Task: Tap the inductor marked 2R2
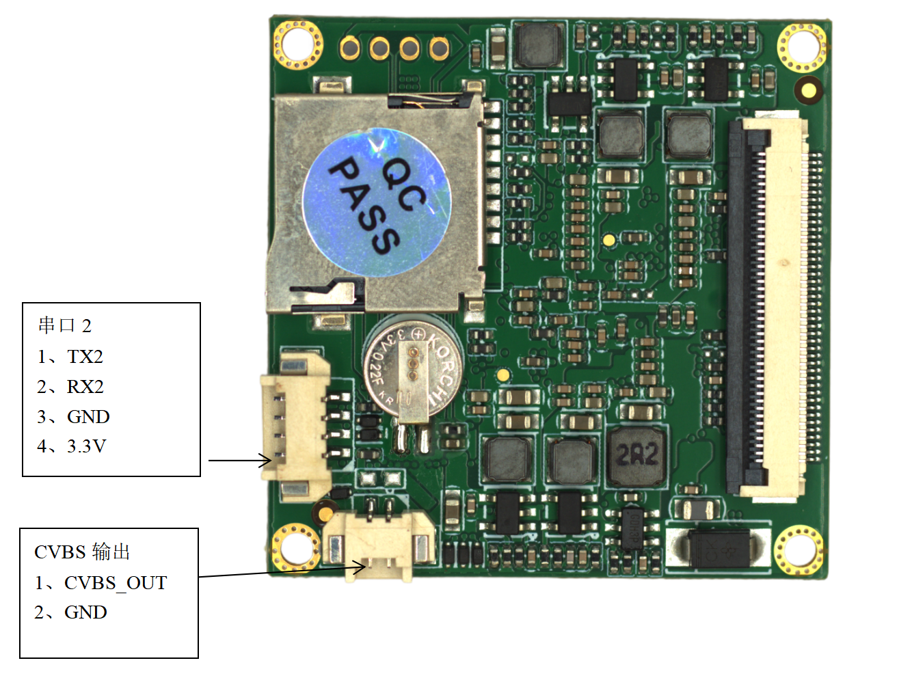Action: (x=636, y=456)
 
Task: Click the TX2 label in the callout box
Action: (x=85, y=357)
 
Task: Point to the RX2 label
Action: (x=85, y=387)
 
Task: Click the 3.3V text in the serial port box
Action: (x=86, y=446)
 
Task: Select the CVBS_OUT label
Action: (x=115, y=583)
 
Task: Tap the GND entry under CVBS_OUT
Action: (x=85, y=612)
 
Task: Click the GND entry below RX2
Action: (x=88, y=417)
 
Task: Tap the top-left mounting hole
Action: (x=297, y=44)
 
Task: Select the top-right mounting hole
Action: (x=802, y=46)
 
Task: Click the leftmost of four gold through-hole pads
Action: (x=350, y=48)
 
